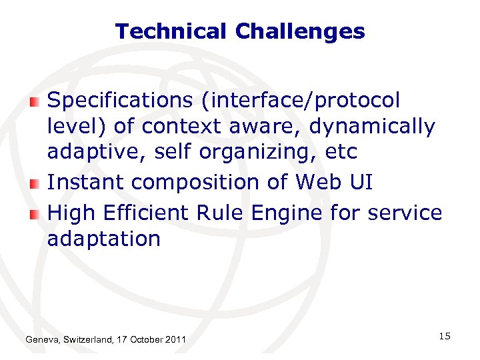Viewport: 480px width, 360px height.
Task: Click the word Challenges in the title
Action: [300, 31]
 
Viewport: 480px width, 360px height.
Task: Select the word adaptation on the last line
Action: [104, 239]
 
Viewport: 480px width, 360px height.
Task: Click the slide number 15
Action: [445, 336]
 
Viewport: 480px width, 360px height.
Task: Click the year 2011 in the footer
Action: [175, 341]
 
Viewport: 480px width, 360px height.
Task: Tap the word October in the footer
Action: [144, 341]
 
